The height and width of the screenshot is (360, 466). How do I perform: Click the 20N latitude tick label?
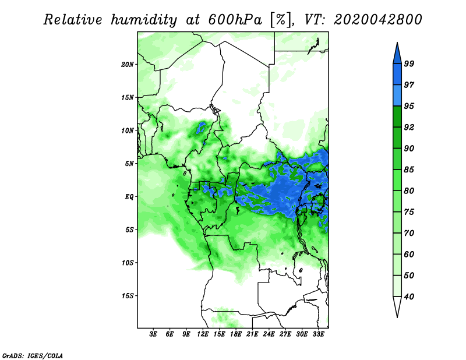pos(128,64)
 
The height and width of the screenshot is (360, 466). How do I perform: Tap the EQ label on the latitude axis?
pos(129,196)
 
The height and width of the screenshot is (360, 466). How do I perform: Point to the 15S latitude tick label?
pos(128,295)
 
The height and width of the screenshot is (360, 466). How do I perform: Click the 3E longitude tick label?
pos(154,334)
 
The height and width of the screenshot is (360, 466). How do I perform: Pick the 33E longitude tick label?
pos(318,334)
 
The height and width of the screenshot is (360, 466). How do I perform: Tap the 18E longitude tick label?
pos(236,334)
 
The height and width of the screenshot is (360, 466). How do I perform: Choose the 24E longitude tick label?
pos(269,334)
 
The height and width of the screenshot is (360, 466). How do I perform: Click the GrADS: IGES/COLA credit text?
pos(32,355)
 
